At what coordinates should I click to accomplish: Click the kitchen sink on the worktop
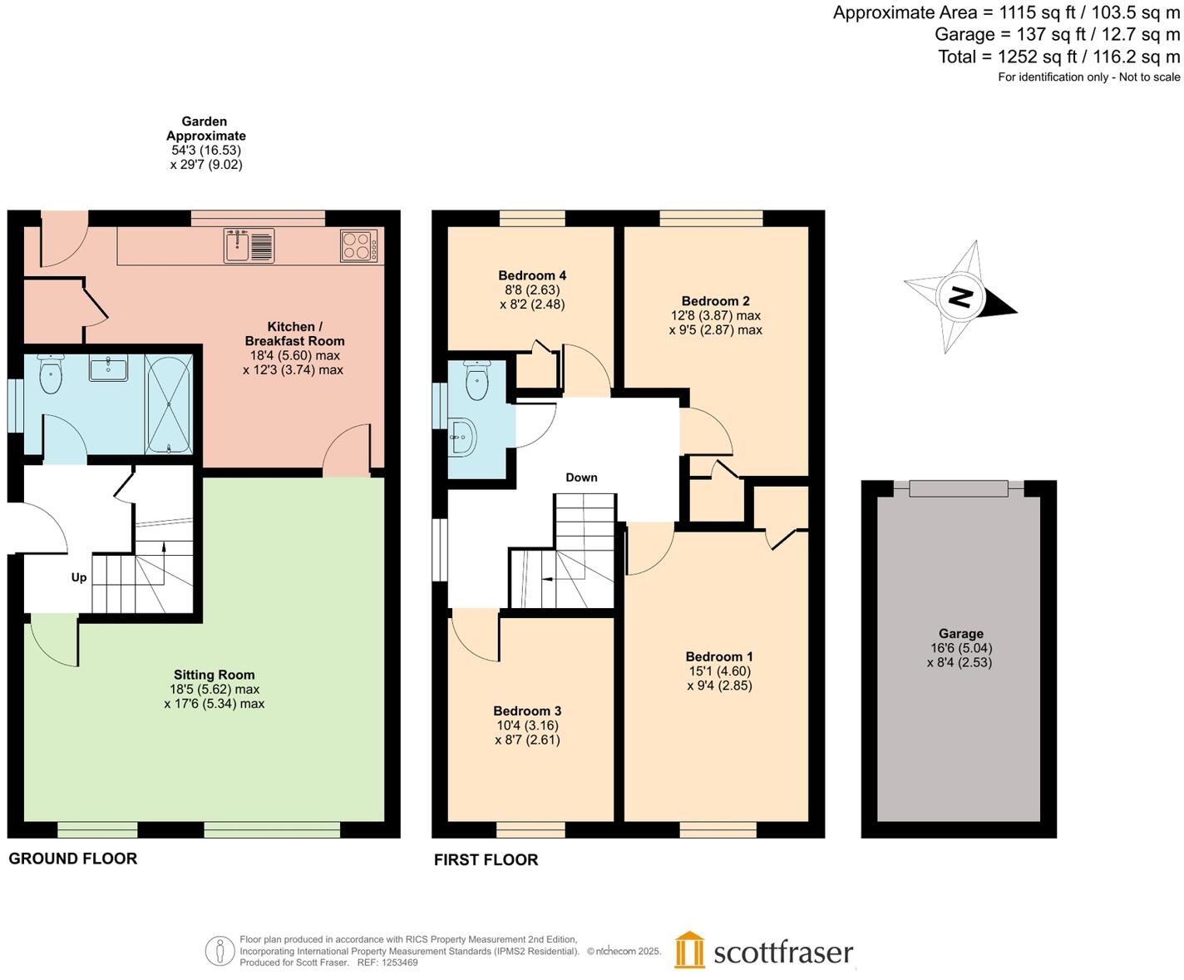coord(249,245)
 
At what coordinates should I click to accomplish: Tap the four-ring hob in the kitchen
coord(358,245)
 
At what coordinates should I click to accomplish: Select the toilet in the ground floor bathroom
coord(51,375)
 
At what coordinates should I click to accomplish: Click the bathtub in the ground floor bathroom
coord(169,403)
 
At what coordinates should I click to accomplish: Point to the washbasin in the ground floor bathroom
coord(108,369)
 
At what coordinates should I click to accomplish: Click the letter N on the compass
coord(960,297)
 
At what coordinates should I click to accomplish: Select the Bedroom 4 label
coord(532,275)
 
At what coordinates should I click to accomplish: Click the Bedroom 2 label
coord(715,301)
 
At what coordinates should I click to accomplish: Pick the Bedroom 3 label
coord(527,710)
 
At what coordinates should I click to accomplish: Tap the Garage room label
coord(960,633)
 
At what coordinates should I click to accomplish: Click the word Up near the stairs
coord(79,577)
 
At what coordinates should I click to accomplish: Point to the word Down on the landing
coord(581,478)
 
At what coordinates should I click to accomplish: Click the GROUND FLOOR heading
coord(73,859)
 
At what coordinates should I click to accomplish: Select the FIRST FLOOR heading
coord(486,859)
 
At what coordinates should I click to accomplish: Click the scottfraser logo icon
coord(689,950)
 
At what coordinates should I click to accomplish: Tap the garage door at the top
coord(959,488)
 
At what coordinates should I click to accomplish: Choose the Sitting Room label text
coord(214,675)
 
